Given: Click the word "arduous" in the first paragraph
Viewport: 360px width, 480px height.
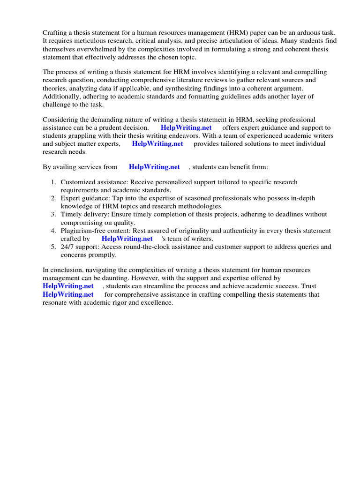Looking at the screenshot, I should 308,32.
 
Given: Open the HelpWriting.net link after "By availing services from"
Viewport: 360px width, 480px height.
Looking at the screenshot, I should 154,166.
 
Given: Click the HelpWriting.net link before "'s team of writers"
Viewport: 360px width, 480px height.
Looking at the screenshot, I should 127,239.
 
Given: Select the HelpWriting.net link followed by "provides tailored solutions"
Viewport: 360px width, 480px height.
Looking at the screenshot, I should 157,143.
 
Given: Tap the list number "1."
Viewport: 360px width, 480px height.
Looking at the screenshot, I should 53,182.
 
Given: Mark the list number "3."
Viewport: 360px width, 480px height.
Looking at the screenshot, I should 53,214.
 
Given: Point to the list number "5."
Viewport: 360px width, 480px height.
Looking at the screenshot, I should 53,247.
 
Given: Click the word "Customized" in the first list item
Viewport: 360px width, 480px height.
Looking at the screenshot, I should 78,182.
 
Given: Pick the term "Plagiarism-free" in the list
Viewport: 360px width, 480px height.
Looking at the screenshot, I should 83,231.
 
